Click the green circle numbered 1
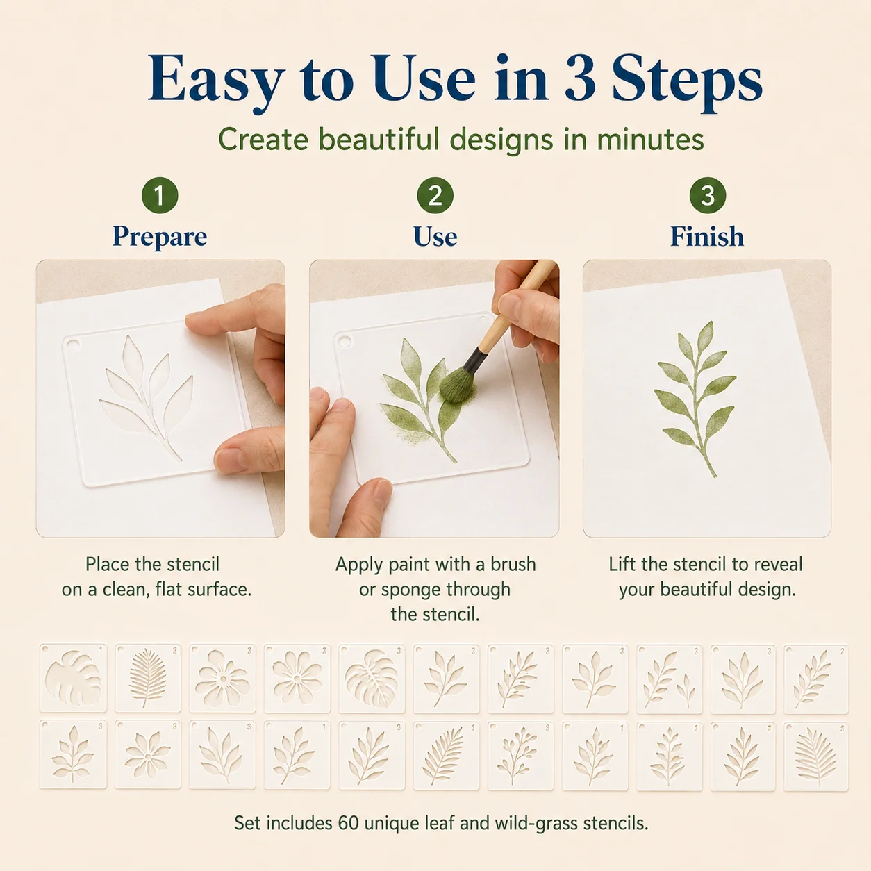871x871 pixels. [x=160, y=195]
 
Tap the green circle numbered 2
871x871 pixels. [x=435, y=195]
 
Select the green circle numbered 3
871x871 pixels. [x=707, y=195]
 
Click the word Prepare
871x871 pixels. [x=160, y=236]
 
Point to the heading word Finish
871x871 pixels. [x=707, y=236]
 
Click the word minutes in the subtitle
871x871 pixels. [x=650, y=139]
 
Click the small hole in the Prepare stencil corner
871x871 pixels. [x=73, y=345]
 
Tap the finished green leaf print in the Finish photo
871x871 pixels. [x=695, y=398]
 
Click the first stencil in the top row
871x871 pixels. [x=73, y=678]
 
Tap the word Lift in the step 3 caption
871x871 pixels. [x=622, y=564]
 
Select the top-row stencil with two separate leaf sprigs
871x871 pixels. [x=670, y=679]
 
